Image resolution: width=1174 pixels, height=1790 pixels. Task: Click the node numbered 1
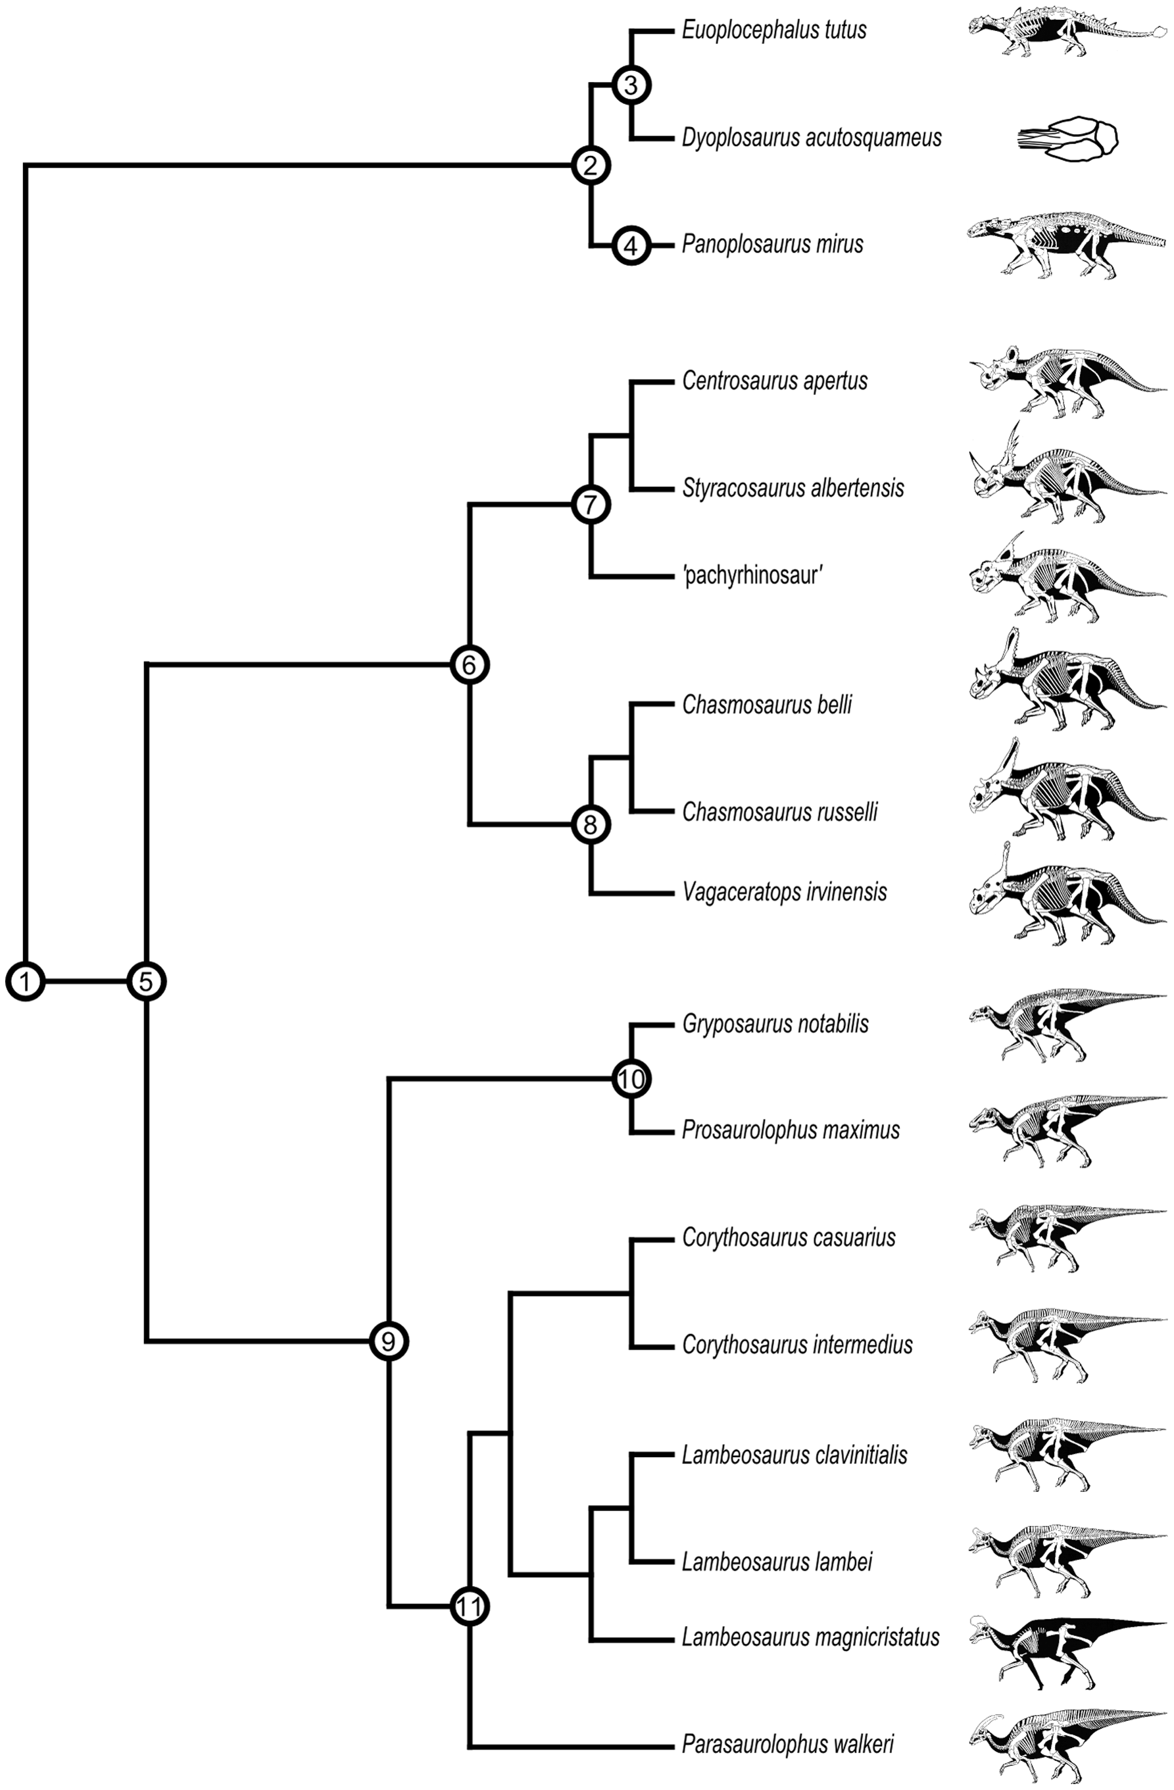26,982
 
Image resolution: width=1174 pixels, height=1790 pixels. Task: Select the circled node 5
147,982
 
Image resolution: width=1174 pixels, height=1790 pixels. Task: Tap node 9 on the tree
388,1341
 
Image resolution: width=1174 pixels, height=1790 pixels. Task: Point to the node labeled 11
470,1607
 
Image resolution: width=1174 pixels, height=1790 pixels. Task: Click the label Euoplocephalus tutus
774,31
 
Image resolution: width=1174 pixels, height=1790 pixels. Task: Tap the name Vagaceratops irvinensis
785,893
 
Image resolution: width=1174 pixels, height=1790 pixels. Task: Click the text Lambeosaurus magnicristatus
811,1637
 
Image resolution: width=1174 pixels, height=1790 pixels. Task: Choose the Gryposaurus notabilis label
775,1024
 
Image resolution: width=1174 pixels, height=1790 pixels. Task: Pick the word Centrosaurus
738,382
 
